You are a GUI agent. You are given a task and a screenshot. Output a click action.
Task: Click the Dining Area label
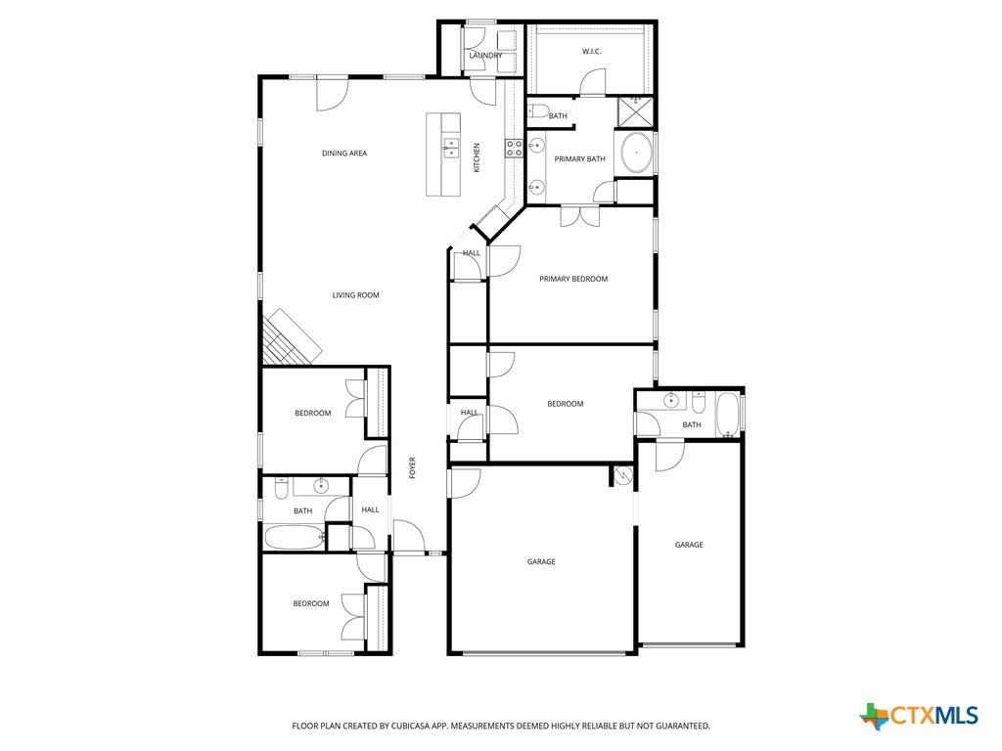click(x=344, y=154)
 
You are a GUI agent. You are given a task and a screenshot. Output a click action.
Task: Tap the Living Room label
click(x=356, y=295)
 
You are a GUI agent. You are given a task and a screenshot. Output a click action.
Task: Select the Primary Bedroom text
click(x=573, y=279)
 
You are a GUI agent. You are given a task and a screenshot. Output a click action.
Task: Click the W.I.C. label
click(x=592, y=51)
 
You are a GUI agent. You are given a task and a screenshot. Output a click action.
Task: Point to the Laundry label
click(x=485, y=56)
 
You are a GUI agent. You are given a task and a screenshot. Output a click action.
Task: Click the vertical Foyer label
click(x=413, y=467)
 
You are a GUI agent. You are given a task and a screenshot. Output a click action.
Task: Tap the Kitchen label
click(x=477, y=157)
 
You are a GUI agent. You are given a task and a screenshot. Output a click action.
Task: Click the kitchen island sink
click(x=451, y=148)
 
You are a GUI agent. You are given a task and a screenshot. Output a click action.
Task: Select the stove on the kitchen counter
click(x=515, y=149)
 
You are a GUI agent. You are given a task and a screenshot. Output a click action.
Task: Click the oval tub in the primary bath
click(x=636, y=154)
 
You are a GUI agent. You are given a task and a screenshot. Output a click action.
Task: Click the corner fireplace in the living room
click(x=289, y=338)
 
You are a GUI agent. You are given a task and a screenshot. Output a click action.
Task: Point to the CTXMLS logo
click(x=919, y=716)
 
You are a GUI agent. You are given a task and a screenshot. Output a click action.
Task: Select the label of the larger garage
click(x=541, y=562)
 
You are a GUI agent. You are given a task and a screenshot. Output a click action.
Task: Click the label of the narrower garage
click(x=689, y=545)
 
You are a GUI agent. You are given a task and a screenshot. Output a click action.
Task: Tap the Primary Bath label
click(x=579, y=159)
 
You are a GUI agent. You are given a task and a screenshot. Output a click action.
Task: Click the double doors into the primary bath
click(x=579, y=216)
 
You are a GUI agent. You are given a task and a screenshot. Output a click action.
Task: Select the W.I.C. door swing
click(x=592, y=82)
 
